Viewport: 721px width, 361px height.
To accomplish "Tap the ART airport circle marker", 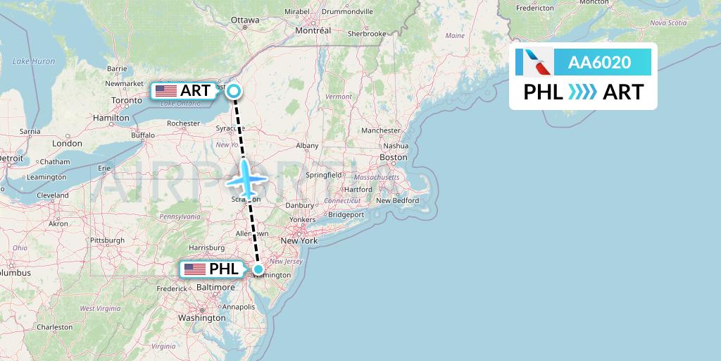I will [x=233, y=90].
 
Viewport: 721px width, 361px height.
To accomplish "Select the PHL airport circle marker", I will [x=258, y=269].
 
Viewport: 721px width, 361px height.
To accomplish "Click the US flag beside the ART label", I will [x=166, y=90].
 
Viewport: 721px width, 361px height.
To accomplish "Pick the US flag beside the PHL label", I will [x=195, y=269].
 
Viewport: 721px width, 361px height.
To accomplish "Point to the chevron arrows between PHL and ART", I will [x=582, y=92].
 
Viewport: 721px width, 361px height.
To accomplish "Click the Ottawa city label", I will [x=245, y=20].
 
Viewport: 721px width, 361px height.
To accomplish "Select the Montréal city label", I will [x=313, y=31].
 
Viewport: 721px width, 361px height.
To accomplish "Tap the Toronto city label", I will [x=127, y=101].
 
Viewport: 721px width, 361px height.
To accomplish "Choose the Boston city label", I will [x=394, y=157].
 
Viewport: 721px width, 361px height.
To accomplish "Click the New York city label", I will [x=299, y=240].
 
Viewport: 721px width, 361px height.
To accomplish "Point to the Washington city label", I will [x=201, y=317].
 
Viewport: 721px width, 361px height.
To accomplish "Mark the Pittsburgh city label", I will [x=106, y=240].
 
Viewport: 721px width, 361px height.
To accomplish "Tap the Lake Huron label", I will [x=34, y=61].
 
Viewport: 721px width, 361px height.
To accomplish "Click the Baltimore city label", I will [x=216, y=288].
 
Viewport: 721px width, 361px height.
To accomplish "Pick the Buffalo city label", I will [x=143, y=134].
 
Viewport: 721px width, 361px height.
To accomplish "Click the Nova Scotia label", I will [x=667, y=23].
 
